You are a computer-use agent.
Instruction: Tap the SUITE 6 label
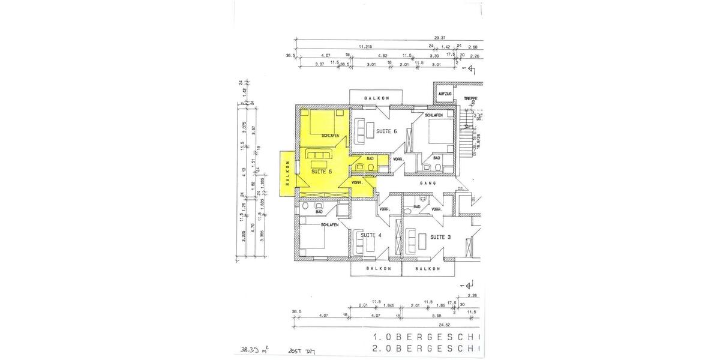[x=386, y=131]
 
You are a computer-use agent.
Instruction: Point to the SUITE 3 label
[x=440, y=237]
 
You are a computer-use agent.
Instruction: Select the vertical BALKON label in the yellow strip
[x=288, y=173]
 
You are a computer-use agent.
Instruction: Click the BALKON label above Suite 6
[x=379, y=98]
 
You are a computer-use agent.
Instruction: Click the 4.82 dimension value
[x=383, y=56]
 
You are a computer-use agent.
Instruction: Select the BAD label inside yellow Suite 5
[x=361, y=158]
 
